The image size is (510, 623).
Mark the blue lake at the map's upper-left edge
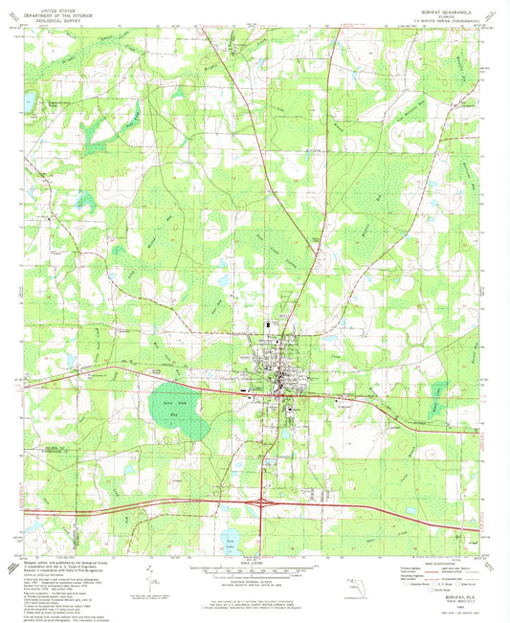[30, 99]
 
